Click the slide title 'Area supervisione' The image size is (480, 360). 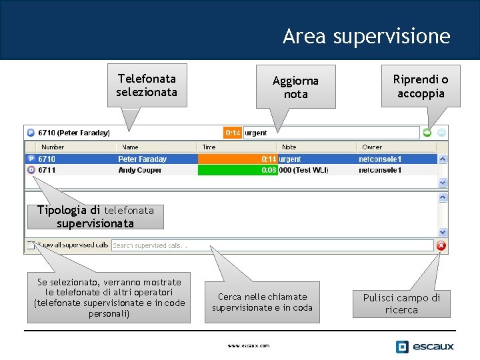click(366, 36)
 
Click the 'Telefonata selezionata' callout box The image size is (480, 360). click(147, 85)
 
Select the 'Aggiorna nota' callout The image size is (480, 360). click(295, 87)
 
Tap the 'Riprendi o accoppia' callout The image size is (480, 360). click(421, 87)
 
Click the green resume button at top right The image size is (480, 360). click(427, 133)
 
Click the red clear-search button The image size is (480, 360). click(441, 245)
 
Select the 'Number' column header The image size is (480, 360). click(53, 147)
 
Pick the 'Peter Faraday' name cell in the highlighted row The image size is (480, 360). click(143, 159)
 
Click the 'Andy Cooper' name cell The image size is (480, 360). click(140, 170)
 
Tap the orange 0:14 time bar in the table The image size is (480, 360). click(237, 159)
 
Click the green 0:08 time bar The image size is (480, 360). click(237, 170)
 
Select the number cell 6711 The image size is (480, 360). click(47, 170)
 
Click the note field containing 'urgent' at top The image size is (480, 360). click(331, 133)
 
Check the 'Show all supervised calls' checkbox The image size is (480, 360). click(30, 245)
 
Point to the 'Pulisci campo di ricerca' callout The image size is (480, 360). click(401, 303)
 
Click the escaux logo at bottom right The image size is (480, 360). click(425, 346)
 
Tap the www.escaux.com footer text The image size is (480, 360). click(249, 345)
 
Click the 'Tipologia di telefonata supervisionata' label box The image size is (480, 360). click(95, 217)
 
